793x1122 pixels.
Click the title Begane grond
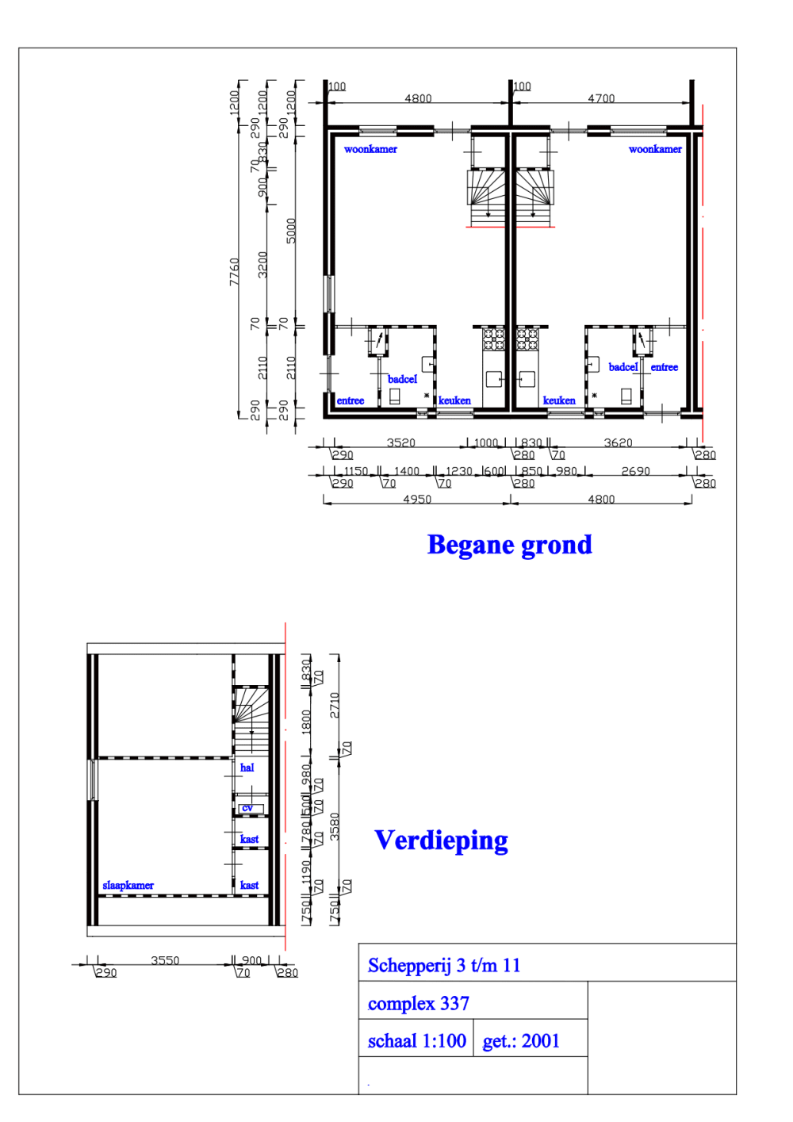tap(509, 546)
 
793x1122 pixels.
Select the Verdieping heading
tap(441, 841)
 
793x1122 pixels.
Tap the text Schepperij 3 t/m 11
tap(444, 966)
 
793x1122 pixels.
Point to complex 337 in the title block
tap(419, 1004)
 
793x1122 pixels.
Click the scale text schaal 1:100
tap(416, 1041)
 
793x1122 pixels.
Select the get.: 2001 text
tap(521, 1041)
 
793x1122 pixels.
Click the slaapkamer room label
tap(128, 886)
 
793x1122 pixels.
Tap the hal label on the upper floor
tap(247, 768)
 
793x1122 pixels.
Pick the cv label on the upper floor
tap(247, 808)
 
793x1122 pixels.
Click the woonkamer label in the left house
tap(370, 149)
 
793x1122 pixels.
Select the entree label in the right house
tap(665, 367)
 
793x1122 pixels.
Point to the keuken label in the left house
tap(454, 400)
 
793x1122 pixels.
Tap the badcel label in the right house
tap(623, 367)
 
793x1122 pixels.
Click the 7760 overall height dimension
tap(234, 272)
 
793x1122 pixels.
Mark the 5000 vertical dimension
tap(291, 231)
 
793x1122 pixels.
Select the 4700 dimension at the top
tap(601, 98)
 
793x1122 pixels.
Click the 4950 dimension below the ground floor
tap(417, 499)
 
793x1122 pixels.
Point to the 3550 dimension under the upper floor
tap(165, 960)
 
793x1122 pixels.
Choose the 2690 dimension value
tap(635, 471)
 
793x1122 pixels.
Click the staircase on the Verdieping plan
tap(251, 718)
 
